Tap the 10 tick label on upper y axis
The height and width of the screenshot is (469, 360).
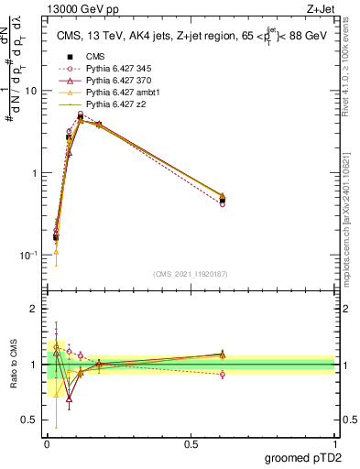tap(31, 91)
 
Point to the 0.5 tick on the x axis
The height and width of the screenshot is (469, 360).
tap(191, 443)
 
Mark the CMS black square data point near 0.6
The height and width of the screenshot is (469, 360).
tap(223, 200)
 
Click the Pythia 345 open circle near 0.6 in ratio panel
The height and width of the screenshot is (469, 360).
tap(223, 374)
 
